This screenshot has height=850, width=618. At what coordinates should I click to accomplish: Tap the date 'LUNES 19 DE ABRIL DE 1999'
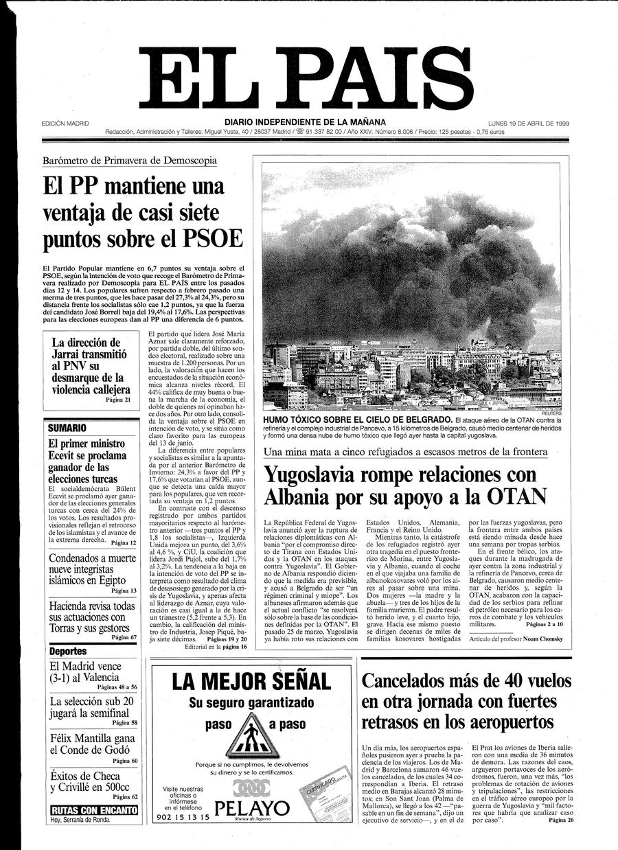click(532, 124)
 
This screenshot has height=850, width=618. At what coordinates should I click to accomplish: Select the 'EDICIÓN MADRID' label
click(65, 124)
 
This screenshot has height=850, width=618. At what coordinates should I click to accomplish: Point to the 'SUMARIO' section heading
click(67, 428)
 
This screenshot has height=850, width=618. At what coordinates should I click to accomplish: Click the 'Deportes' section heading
click(68, 651)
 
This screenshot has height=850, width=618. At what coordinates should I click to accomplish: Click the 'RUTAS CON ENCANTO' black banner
click(93, 810)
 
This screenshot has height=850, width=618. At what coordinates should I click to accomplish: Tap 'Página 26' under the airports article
click(556, 820)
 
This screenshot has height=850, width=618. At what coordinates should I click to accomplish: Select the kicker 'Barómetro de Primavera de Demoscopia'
click(130, 161)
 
